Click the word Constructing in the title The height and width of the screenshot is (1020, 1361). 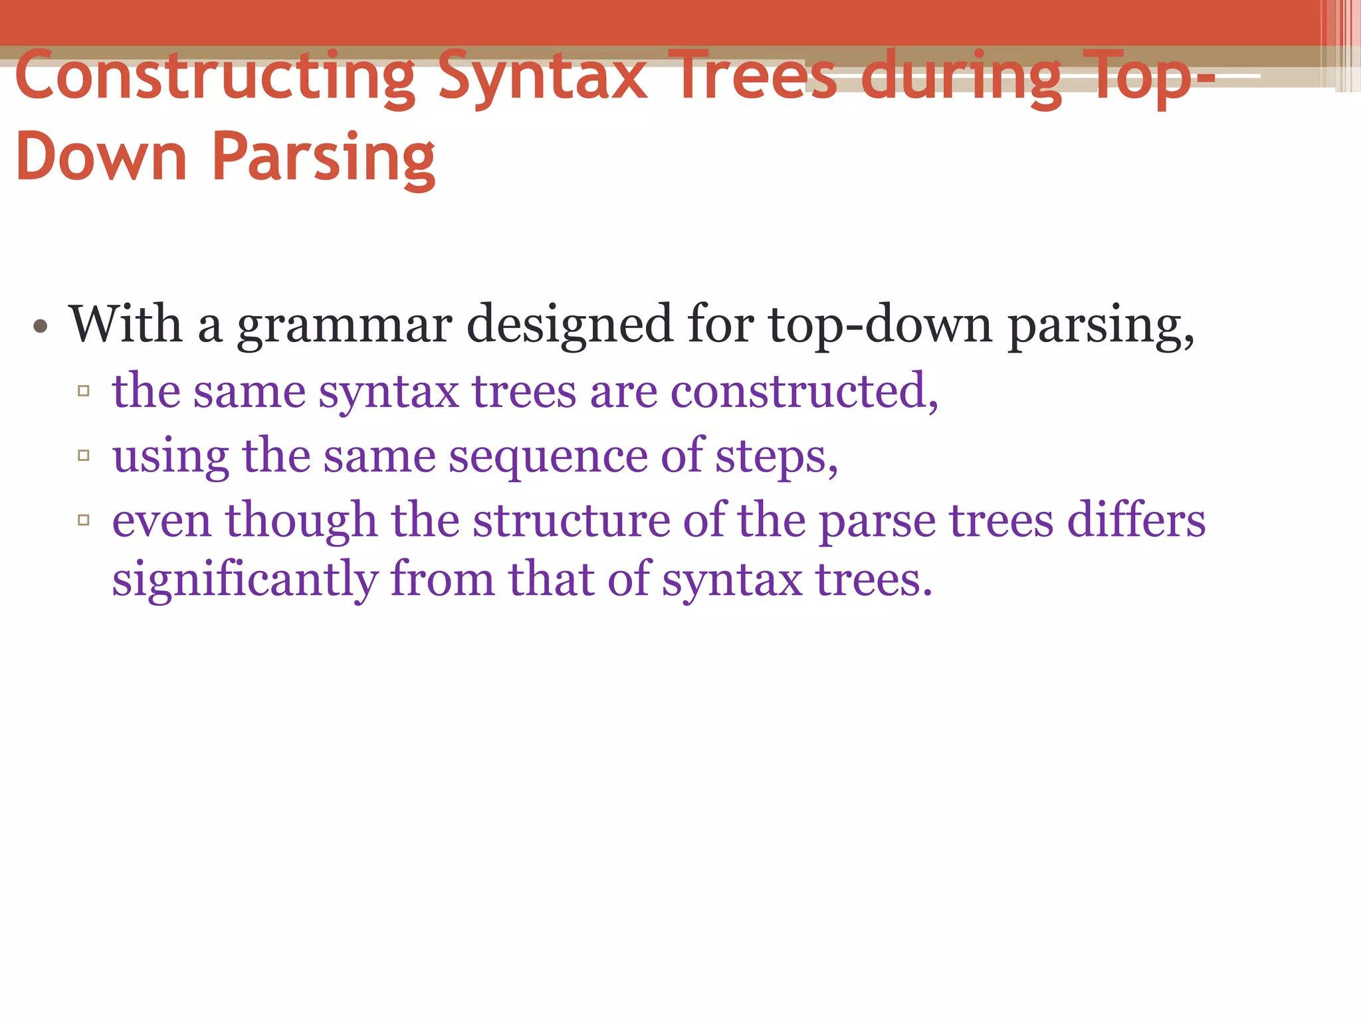coord(214,77)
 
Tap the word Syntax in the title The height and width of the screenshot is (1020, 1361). coord(542,77)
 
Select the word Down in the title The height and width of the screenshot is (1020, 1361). coord(101,157)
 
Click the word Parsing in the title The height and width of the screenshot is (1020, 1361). coord(324,157)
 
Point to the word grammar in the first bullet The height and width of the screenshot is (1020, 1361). coord(345,325)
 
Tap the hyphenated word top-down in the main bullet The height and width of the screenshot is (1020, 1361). coord(880,325)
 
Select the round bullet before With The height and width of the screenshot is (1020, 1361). coord(41,326)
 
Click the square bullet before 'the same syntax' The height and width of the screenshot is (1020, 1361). coord(84,391)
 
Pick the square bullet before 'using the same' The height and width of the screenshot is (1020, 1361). coord(84,456)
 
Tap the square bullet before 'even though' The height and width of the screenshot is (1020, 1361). coord(84,520)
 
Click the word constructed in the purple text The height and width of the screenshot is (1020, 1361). coord(803,391)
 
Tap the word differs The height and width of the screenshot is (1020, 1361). coord(1136,520)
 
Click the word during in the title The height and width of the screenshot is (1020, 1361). coord(961,77)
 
